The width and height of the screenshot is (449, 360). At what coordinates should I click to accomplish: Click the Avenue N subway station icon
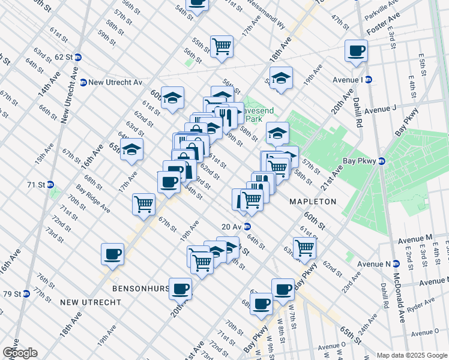coord(397,264)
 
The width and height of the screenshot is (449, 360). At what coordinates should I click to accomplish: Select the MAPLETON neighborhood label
coord(313,201)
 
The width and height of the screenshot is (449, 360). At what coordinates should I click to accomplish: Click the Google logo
coord(20,353)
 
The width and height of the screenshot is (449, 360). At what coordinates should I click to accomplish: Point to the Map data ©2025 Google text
coord(411,355)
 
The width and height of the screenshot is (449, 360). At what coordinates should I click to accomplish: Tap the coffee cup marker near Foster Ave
coord(356,50)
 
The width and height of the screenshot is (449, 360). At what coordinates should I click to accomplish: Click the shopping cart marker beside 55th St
coord(221,46)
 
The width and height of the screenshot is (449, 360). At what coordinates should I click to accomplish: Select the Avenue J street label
coord(382,110)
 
